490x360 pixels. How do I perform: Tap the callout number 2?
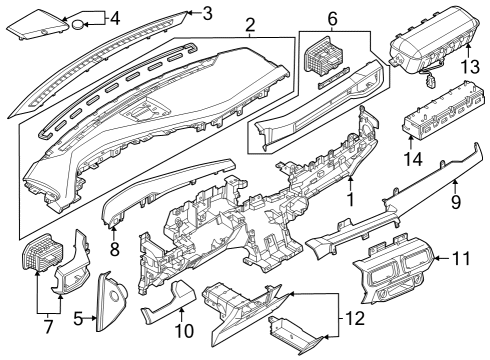(x=250, y=24)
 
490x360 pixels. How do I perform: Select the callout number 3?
(x=207, y=13)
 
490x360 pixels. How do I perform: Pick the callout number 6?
(x=333, y=17)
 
